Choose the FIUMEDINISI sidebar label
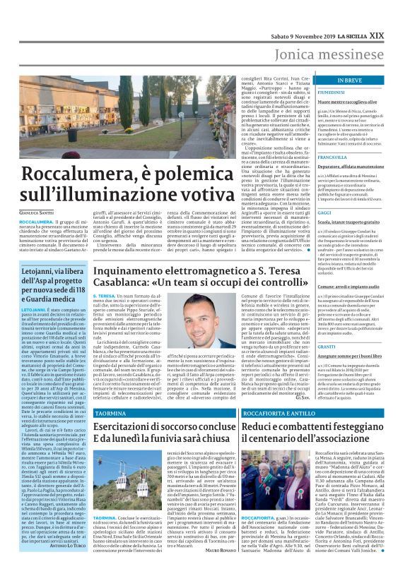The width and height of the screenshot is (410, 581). tap(334, 92)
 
